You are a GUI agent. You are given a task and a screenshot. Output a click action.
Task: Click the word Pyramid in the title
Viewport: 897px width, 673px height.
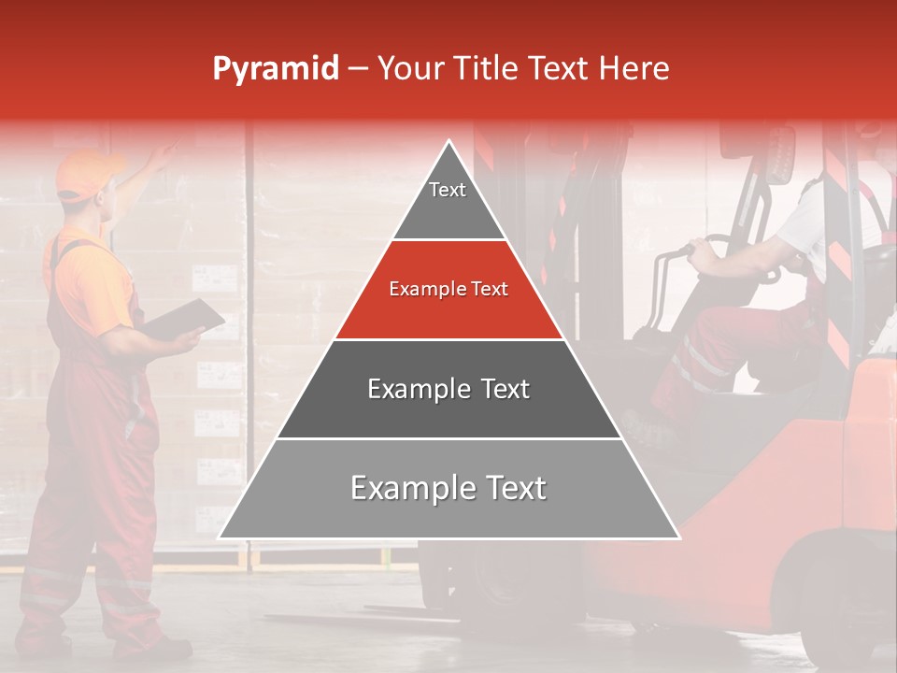(275, 69)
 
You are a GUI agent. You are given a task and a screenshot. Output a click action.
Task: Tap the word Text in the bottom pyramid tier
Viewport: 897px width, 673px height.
(513, 489)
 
